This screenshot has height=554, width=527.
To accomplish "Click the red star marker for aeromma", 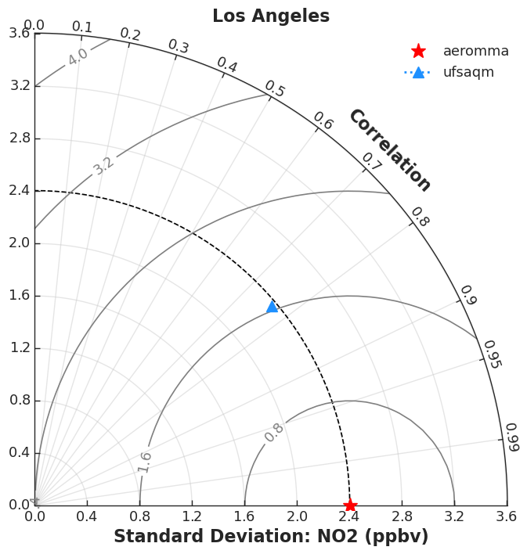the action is (x=350, y=505).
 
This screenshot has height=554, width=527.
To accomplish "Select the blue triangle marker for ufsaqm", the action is (x=272, y=307).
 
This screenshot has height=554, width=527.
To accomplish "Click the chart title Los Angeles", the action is (x=271, y=16).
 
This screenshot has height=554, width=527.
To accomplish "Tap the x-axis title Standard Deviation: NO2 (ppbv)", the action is (x=271, y=536).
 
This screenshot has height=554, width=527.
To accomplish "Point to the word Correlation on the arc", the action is (x=390, y=150).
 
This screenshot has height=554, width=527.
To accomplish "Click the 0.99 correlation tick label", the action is (x=513, y=437).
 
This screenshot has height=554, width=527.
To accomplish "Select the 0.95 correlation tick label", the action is (x=493, y=354).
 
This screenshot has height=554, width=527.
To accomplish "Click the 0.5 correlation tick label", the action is (x=275, y=88).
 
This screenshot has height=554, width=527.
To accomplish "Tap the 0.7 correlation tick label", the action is (x=372, y=161).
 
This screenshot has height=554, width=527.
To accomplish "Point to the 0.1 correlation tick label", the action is (x=82, y=27).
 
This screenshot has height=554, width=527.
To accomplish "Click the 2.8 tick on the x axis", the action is (x=402, y=516).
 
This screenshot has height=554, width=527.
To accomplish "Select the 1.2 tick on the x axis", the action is (x=192, y=516).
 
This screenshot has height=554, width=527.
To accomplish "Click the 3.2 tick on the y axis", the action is (x=20, y=85).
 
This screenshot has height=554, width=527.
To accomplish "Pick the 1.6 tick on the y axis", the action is (x=20, y=295).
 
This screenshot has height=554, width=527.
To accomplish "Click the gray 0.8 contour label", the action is (x=274, y=433).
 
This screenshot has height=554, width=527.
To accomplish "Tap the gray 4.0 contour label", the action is (x=78, y=56).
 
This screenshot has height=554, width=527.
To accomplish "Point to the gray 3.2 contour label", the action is (x=103, y=166).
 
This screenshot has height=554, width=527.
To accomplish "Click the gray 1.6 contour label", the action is (x=144, y=462).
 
